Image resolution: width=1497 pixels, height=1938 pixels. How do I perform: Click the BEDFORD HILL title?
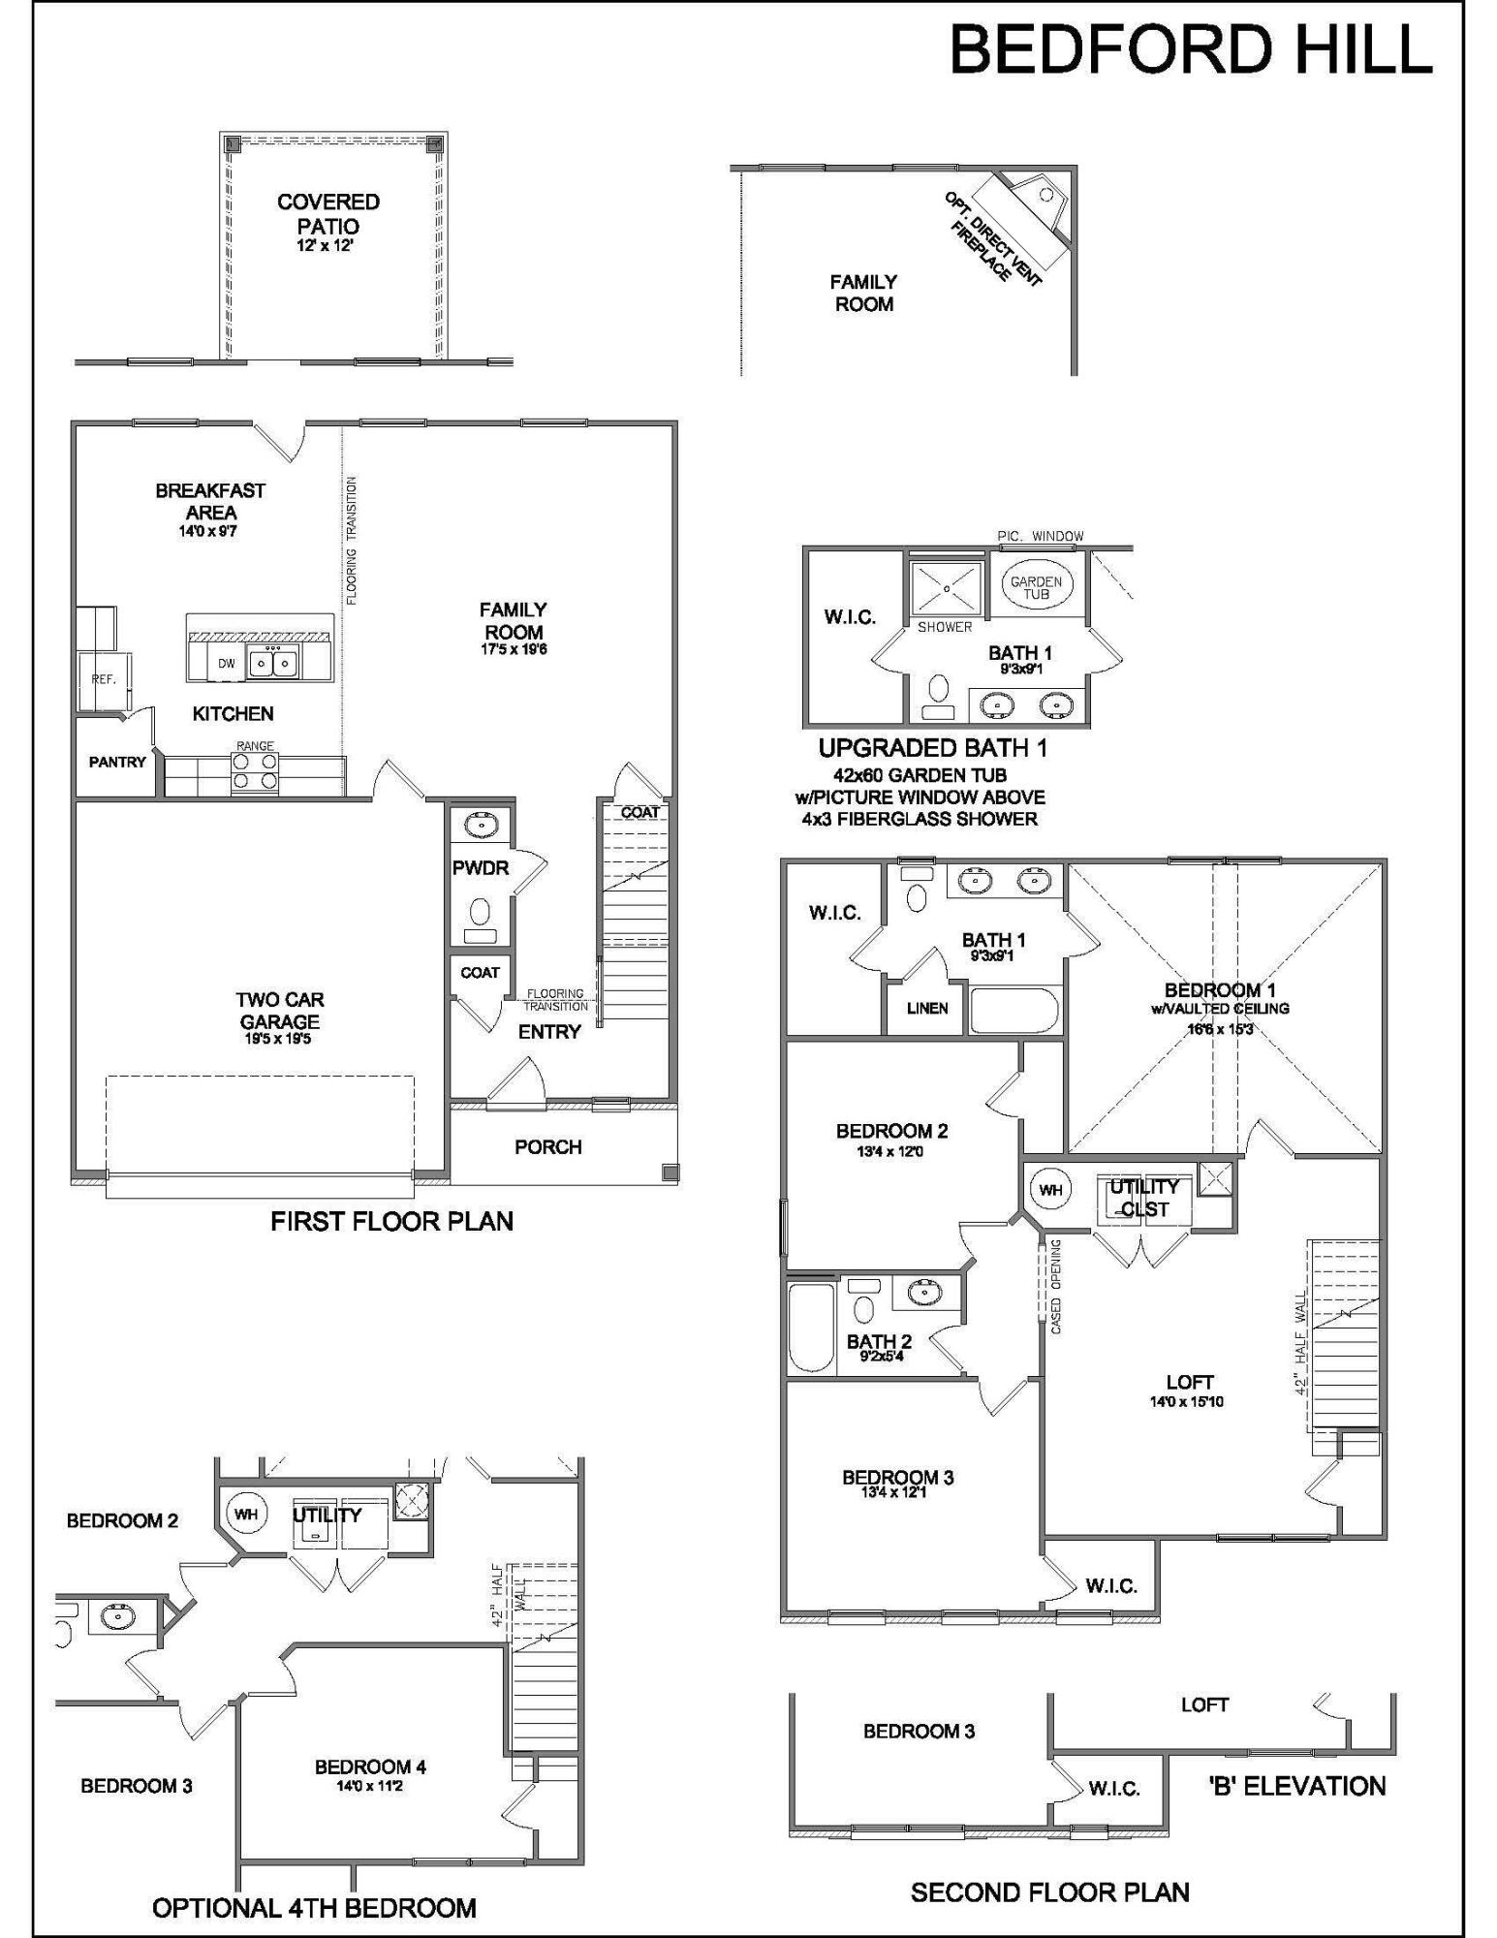[x=1190, y=49]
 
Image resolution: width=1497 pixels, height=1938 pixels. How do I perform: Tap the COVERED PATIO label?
[x=328, y=214]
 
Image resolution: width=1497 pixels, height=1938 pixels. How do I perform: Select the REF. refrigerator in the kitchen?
[x=104, y=680]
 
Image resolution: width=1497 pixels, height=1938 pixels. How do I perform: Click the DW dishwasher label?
[x=227, y=664]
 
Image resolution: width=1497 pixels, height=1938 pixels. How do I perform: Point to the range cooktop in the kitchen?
[x=255, y=773]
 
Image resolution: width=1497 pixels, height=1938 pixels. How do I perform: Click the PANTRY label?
[x=117, y=763]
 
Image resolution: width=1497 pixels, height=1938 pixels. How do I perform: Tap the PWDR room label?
[x=481, y=868]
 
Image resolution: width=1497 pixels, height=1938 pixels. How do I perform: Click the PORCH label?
[x=548, y=1147]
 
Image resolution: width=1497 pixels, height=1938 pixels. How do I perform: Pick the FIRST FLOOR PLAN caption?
[x=391, y=1222]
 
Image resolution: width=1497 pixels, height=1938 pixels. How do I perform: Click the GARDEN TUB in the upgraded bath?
[x=1036, y=587]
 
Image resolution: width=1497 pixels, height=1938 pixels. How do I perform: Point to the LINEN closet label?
[x=927, y=1009]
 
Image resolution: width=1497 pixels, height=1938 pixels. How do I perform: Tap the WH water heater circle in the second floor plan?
[x=1050, y=1190]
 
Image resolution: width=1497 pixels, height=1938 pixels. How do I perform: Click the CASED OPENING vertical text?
[x=1056, y=1286]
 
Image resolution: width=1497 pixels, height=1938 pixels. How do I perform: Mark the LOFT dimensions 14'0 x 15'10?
[x=1187, y=1402]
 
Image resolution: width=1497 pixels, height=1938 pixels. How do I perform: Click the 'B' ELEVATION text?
[x=1296, y=1786]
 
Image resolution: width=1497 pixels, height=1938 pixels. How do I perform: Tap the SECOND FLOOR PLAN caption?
[x=1049, y=1892]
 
